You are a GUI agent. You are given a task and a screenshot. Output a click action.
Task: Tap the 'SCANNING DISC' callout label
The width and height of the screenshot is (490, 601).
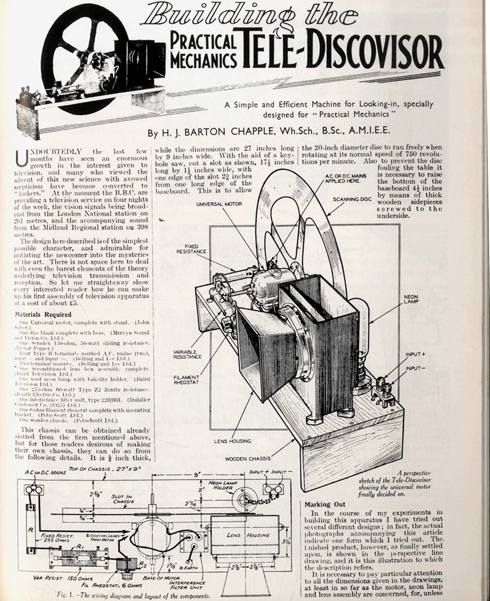coord(352,199)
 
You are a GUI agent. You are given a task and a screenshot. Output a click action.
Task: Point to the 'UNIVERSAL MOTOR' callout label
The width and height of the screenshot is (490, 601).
coord(219,204)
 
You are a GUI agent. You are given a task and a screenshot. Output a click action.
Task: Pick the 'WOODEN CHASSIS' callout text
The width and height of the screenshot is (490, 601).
coord(248,459)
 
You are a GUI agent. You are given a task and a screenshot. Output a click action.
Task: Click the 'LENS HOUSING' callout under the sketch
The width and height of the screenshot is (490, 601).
coord(232,441)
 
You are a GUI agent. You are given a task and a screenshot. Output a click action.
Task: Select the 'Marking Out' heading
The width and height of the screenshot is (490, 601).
coord(325,504)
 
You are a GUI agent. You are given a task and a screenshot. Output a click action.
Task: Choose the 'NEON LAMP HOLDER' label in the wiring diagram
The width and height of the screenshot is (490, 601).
coord(223,485)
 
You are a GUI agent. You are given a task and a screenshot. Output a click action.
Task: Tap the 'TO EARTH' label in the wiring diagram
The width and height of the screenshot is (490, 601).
coord(188,568)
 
